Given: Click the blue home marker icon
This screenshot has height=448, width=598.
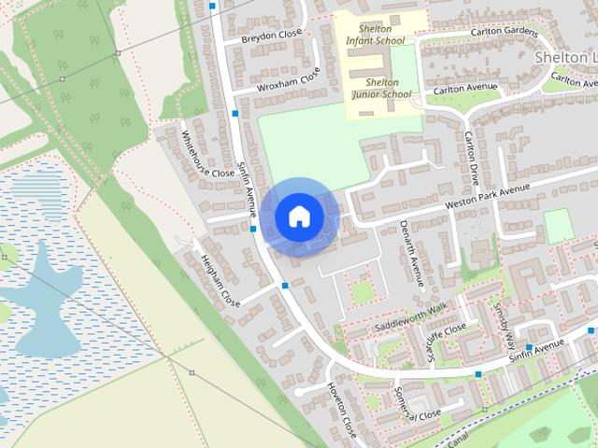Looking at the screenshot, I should pos(299,217).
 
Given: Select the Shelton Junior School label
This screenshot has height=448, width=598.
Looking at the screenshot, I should pos(381,88).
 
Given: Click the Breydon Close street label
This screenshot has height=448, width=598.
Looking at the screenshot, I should pos(271,35).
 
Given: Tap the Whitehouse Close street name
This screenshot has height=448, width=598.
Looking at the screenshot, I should pos(206,154).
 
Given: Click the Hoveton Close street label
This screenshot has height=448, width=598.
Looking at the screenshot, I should pos(342,410).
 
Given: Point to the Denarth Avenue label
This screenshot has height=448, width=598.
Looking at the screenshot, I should pos(411,253).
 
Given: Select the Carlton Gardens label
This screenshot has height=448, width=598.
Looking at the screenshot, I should pos(505,31).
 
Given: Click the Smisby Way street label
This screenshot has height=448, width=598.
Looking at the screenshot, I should pos(505,323).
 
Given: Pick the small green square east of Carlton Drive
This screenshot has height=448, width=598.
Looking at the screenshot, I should pos(558,227).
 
